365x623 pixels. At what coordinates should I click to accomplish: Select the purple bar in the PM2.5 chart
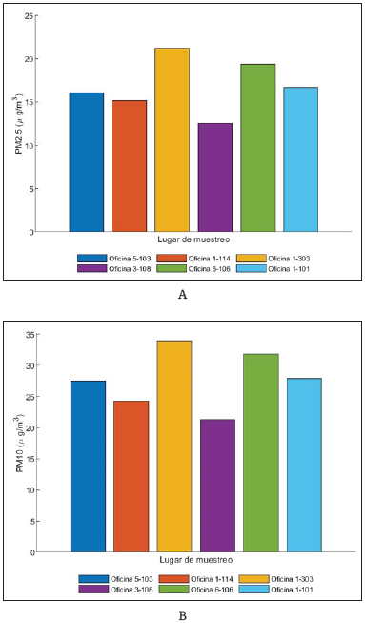tap(214, 177)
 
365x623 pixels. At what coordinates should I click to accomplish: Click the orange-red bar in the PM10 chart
tap(131, 476)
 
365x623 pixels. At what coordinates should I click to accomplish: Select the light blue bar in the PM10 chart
tap(304, 465)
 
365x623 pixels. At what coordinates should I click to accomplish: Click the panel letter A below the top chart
tap(182, 295)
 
